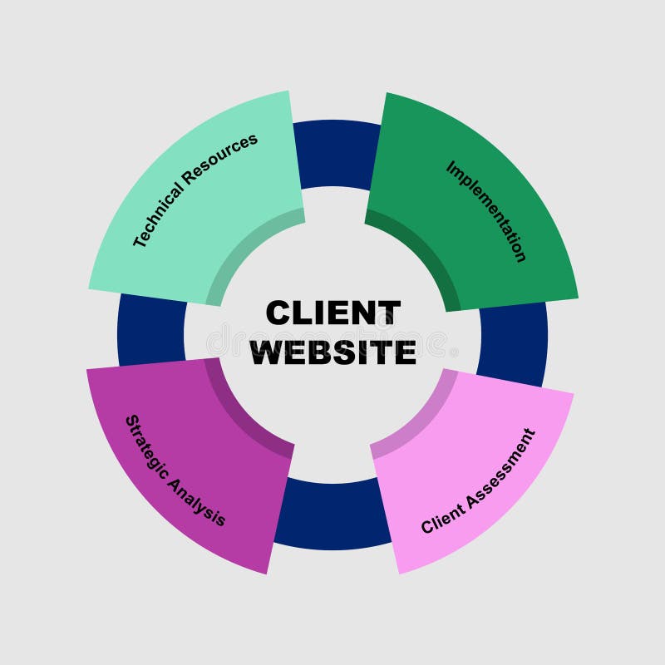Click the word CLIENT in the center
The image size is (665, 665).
(x=332, y=313)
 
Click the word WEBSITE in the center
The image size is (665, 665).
(x=332, y=352)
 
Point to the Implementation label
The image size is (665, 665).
(x=486, y=211)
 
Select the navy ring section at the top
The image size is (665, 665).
(x=336, y=154)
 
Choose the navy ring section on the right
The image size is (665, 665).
(x=513, y=341)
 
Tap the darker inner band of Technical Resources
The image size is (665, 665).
(x=245, y=249)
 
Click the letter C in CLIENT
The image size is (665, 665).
(x=278, y=313)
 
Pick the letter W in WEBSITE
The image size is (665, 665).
(x=268, y=352)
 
